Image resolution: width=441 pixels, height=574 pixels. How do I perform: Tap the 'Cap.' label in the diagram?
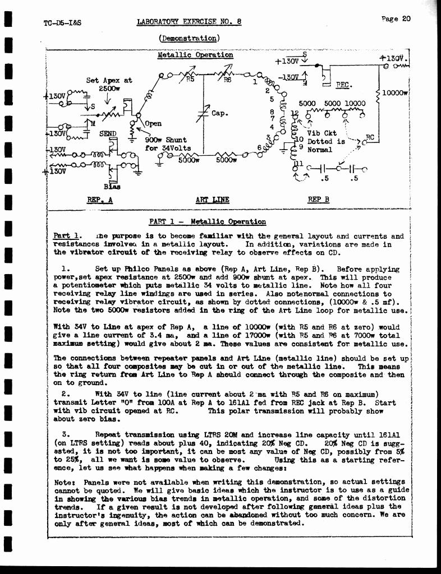point(219,113)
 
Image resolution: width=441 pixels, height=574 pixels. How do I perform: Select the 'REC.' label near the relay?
point(343,85)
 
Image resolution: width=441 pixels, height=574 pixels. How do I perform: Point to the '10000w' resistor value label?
point(398,94)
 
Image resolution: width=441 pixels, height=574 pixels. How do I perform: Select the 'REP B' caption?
point(318,200)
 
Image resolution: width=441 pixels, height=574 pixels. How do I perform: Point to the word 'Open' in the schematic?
point(153,123)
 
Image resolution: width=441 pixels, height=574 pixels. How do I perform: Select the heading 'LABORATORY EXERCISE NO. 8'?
point(189,22)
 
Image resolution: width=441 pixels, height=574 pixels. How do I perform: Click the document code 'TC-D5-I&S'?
point(62,23)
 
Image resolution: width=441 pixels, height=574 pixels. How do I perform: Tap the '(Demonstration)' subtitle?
point(189,38)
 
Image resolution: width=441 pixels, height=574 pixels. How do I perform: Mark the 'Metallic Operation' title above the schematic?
point(195,55)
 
